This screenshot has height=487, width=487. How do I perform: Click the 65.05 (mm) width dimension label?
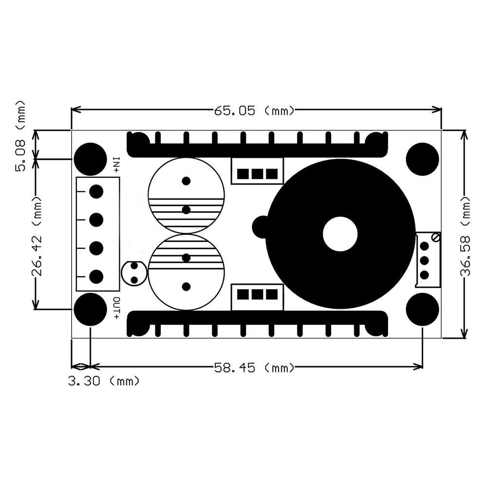(254, 111)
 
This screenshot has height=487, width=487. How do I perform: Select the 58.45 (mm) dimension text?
(254, 368)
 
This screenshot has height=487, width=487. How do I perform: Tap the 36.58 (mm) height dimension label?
(465, 236)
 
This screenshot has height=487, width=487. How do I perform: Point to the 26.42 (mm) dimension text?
(37, 236)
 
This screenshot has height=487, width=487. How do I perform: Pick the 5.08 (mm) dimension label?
(20, 136)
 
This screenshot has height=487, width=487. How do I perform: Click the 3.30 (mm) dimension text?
(104, 381)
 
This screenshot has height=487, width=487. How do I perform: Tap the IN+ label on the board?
(116, 165)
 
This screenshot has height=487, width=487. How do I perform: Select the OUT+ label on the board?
(116, 308)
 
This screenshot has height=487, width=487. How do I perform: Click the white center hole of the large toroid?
(340, 234)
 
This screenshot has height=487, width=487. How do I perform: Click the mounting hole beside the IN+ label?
(91, 159)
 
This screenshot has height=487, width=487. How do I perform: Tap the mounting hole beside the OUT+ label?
(91, 309)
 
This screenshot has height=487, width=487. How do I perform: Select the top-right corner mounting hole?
(422, 159)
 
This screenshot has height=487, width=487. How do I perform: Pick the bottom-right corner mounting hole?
(422, 309)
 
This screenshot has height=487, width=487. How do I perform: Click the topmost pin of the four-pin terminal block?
(96, 191)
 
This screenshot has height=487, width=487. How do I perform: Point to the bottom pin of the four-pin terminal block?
(96, 277)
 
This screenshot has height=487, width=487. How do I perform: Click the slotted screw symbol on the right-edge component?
(436, 238)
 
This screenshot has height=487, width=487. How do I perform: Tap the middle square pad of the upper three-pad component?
(257, 174)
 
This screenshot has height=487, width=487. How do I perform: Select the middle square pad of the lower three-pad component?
(257, 295)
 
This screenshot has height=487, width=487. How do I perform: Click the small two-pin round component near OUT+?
(134, 273)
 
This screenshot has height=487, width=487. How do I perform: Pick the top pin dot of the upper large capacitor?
(186, 181)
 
